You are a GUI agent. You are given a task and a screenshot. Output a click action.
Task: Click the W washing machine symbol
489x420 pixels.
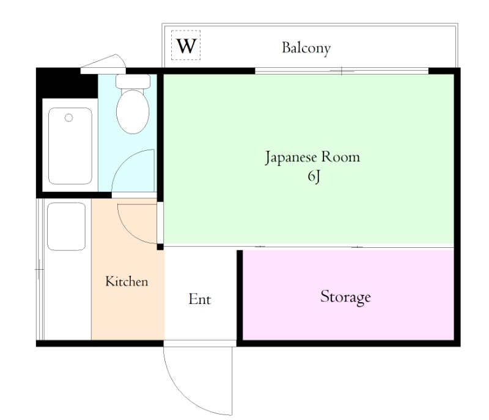tap(186, 46)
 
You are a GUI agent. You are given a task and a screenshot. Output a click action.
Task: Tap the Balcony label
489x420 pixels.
tap(306, 48)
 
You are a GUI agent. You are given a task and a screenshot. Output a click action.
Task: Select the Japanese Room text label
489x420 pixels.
tap(312, 157)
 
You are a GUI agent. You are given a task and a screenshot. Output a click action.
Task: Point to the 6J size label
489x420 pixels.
tap(313, 177)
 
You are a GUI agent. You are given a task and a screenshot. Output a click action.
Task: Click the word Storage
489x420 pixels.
tap(345, 297)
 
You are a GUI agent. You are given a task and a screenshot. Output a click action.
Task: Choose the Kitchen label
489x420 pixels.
tap(127, 281)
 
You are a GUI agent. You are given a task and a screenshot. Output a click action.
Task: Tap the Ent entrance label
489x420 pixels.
tap(199, 299)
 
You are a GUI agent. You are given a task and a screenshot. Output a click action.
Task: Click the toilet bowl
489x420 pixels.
tap(133, 112)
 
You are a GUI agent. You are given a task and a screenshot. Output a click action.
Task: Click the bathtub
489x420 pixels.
tap(70, 146)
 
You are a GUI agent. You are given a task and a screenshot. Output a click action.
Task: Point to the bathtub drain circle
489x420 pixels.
tap(69, 117)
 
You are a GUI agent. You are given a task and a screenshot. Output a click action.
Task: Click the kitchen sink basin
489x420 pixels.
tap(66, 226)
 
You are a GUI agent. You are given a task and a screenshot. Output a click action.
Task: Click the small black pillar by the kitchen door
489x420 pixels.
tap(160, 247)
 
